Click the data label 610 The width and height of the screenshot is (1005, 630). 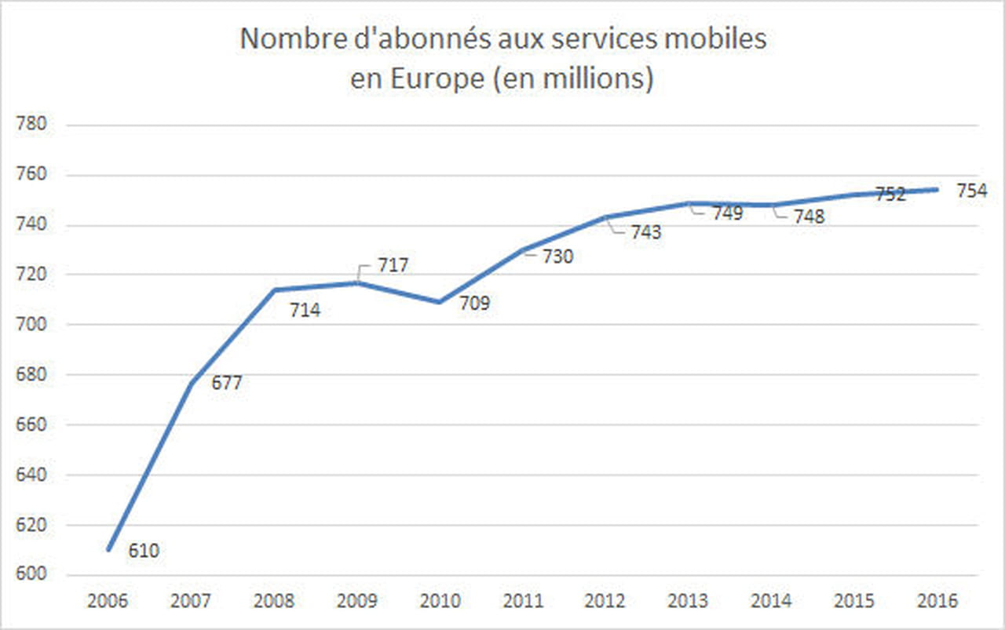coord(143,552)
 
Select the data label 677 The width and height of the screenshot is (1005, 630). coord(227,384)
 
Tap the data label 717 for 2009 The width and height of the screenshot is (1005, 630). coord(393,265)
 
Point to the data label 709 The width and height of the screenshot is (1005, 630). coord(473,303)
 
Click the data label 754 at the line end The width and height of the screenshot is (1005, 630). coord(971,191)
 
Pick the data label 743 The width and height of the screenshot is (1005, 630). coord(645,233)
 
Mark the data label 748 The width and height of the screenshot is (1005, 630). coord(809,217)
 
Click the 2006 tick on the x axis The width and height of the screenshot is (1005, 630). coord(108,602)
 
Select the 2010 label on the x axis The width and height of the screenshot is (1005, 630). coord(440,602)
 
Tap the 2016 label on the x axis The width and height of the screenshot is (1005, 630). coord(937,602)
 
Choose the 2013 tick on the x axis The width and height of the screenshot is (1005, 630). coord(688,602)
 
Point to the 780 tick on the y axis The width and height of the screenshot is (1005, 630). coord(32,125)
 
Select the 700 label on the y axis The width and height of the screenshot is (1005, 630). coord(32,325)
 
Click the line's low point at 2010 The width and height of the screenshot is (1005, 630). coord(440,302)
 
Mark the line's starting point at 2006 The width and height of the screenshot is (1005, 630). coord(109,549)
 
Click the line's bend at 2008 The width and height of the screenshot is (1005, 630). coord(274,290)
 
